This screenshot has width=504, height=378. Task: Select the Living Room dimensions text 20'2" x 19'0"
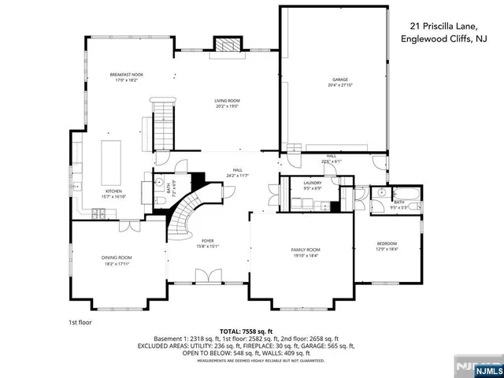[227, 106]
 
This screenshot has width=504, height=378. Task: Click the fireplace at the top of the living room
[227, 45]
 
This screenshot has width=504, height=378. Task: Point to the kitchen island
[110, 157]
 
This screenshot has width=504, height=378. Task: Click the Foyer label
[208, 241]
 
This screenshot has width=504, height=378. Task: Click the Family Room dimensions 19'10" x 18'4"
[306, 255]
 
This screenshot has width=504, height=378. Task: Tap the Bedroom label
[386, 243]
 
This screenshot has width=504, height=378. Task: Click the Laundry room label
[313, 183]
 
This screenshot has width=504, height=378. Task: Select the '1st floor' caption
[80, 322]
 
